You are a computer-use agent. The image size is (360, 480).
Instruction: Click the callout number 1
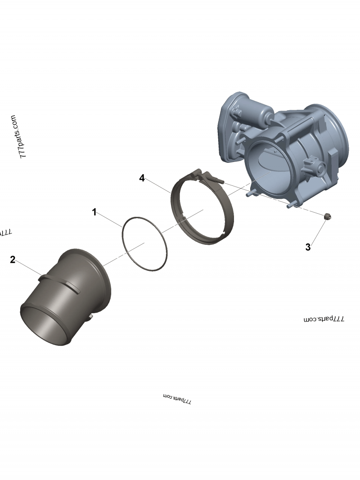94,212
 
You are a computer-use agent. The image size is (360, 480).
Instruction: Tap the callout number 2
13,260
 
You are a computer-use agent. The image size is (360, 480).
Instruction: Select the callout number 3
308,247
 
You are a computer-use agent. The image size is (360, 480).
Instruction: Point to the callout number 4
142,178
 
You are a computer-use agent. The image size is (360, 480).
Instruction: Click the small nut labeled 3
328,217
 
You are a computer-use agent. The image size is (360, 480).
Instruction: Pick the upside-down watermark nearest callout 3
324,319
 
